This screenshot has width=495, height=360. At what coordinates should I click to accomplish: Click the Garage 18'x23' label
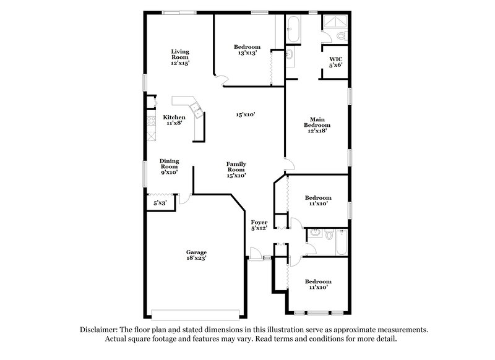[197, 255]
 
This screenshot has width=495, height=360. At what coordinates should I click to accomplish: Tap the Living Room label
[180, 57]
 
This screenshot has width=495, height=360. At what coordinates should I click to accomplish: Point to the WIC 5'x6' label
[335, 62]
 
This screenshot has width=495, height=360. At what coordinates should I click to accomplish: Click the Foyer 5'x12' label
[258, 225]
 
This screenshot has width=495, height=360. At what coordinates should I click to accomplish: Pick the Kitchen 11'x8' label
[174, 120]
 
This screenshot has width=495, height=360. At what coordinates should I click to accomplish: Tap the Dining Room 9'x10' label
[169, 166]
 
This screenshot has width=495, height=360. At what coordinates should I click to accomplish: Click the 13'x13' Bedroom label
[247, 49]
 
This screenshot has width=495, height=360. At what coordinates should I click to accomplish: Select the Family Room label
[236, 169]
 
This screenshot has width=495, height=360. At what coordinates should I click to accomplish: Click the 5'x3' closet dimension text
[160, 202]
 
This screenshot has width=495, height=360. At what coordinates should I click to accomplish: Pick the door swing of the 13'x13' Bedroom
[221, 77]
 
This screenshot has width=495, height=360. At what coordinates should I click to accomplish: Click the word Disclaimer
[98, 330]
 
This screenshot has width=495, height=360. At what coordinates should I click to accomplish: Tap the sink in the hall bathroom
[314, 234]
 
